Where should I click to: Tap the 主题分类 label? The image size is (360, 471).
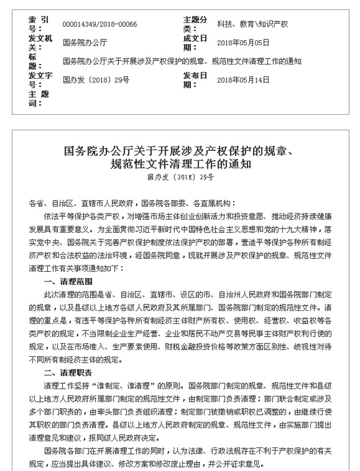tap(194, 24)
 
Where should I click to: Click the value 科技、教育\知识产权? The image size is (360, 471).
tap(252, 24)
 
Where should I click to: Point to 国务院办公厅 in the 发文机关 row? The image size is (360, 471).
tap(84, 43)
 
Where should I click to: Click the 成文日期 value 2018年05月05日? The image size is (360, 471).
tap(243, 43)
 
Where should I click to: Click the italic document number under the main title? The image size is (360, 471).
tap(179, 178)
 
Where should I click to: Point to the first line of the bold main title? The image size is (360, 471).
tap(179, 152)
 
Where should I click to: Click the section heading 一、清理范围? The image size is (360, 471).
tap(67, 283)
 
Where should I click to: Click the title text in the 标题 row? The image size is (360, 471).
tap(182, 61)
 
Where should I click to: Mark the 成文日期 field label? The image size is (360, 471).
tap(194, 43)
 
